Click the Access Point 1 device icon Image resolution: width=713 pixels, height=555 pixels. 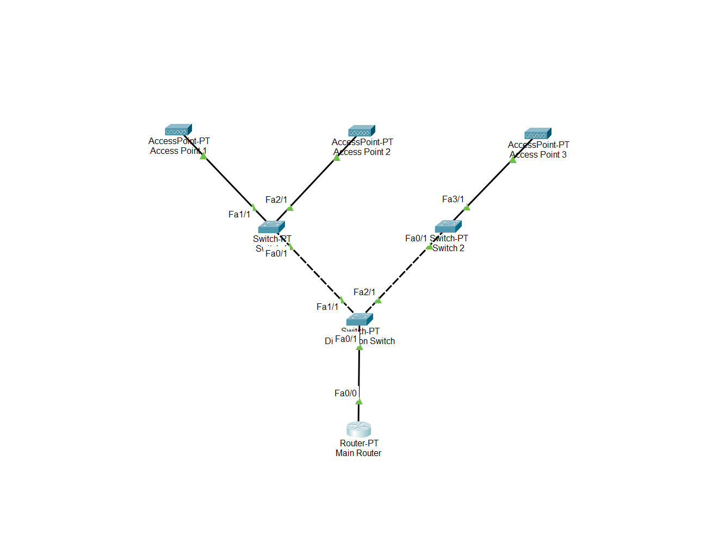[x=178, y=130]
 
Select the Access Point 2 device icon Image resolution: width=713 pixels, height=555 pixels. [x=362, y=131]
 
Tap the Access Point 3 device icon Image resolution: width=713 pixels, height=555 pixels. [x=538, y=134]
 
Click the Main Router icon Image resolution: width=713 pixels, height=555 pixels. [x=358, y=429]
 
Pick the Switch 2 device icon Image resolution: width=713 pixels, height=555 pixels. [x=448, y=226]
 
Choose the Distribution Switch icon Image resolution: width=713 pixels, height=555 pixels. [x=359, y=319]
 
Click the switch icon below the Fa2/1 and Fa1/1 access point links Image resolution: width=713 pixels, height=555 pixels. [x=271, y=227]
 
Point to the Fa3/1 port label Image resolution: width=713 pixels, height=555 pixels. [x=453, y=199]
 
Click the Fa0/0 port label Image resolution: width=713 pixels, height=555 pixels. [x=345, y=394]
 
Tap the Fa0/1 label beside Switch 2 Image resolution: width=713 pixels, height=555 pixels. [x=416, y=239]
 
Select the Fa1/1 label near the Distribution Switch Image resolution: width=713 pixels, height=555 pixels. [x=327, y=307]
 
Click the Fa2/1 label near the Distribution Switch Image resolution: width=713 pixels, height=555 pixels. [x=364, y=292]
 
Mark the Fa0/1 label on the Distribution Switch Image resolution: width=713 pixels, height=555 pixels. [x=346, y=339]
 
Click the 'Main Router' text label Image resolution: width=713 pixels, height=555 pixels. [x=358, y=453]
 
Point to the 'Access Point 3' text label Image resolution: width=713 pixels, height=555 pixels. [x=538, y=155]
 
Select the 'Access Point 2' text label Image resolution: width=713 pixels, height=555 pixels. [x=362, y=152]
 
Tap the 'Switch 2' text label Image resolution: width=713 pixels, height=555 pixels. [x=449, y=248]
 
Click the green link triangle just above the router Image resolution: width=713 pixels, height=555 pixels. [x=359, y=402]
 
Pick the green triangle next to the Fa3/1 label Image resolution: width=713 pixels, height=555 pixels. [x=467, y=207]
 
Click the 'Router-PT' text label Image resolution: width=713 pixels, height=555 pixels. [x=359, y=444]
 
